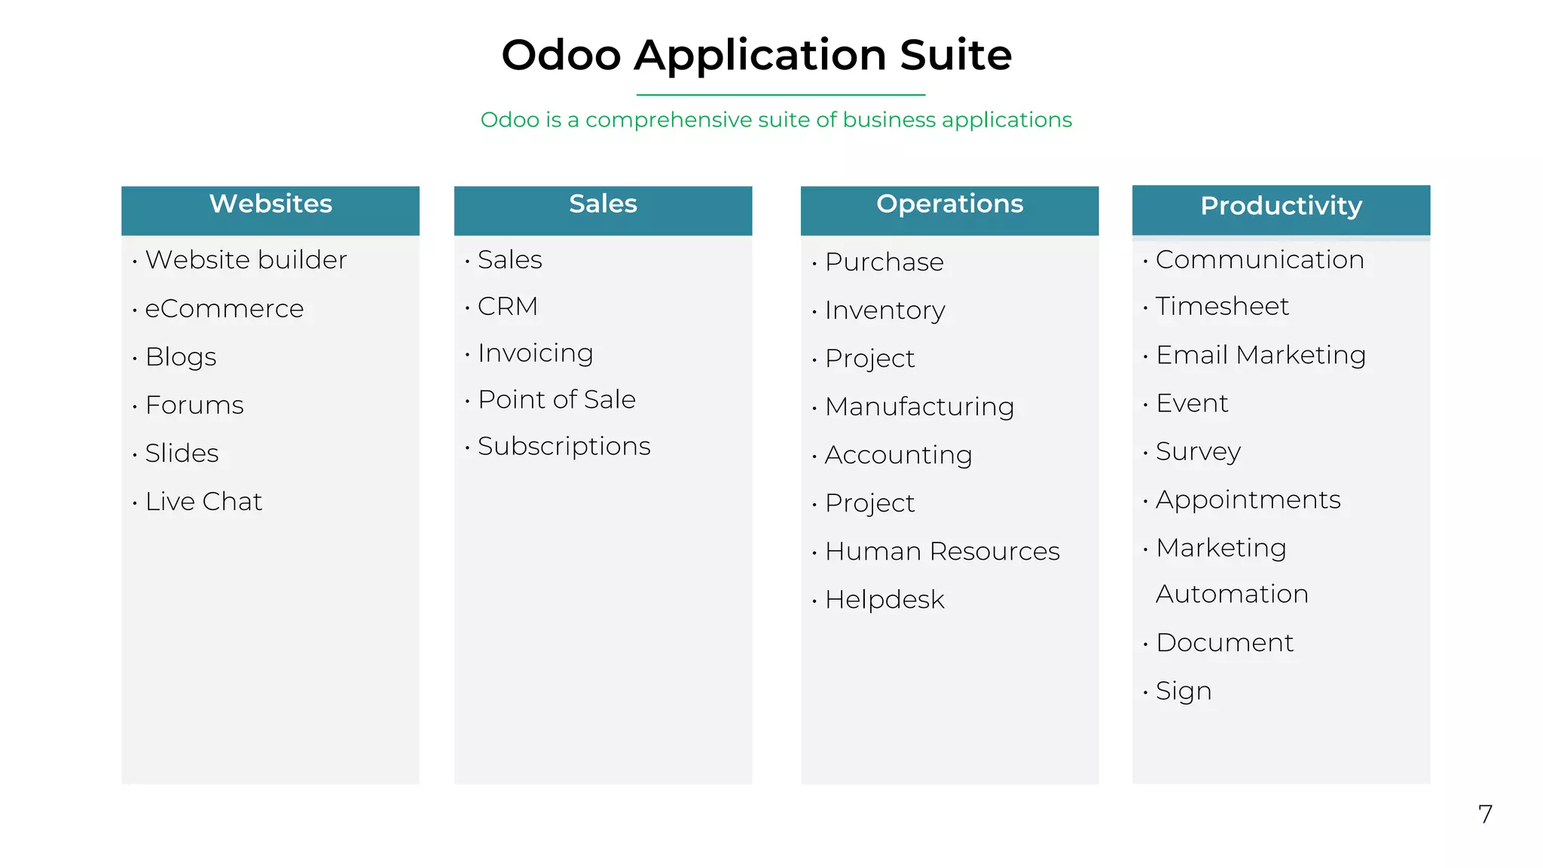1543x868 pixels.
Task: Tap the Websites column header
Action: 270,204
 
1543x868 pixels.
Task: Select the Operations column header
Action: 949,204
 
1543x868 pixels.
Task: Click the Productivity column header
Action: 1281,206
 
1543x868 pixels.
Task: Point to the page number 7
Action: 1485,815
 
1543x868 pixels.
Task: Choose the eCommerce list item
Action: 224,309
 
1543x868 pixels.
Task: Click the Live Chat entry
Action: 203,502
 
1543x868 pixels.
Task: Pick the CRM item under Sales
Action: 508,307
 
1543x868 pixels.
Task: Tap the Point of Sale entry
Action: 557,400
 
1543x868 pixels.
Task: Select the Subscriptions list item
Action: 564,447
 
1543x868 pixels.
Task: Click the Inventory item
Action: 885,310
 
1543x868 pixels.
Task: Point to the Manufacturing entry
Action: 919,407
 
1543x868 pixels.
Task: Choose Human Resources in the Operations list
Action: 942,552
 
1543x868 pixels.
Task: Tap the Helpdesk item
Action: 884,600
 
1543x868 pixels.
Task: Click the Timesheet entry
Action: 1222,307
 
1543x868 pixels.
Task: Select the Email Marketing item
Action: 1260,355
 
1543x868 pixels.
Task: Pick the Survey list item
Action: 1198,452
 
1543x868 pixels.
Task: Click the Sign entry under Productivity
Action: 1184,692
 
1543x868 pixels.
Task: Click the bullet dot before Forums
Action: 135,408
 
